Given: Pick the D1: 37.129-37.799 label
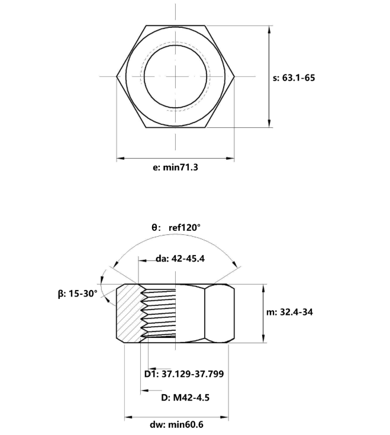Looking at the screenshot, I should tap(184, 373).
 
